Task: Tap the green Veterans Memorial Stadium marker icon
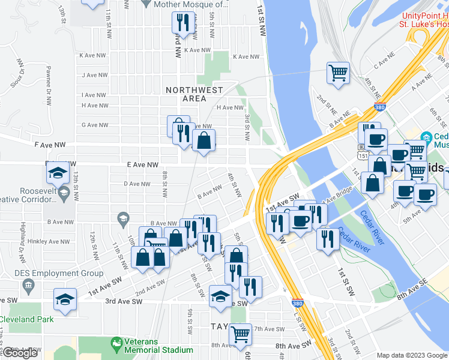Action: (117, 344)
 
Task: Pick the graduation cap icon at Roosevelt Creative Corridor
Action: (58, 173)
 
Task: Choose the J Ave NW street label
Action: (94, 75)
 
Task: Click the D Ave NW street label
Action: (136, 184)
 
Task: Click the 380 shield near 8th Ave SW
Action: (297, 304)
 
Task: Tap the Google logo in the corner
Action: (20, 353)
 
